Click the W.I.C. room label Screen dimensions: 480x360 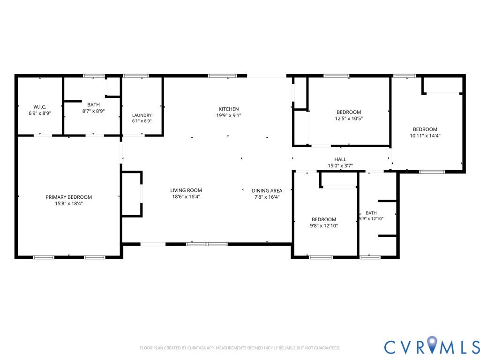coord(40,107)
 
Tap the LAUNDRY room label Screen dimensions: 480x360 coord(142,115)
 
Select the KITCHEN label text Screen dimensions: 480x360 coord(229,109)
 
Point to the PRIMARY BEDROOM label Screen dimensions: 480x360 coord(68,197)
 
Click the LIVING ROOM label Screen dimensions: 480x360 coord(186,190)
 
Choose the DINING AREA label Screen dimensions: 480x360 coord(267,191)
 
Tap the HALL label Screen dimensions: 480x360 coord(340,159)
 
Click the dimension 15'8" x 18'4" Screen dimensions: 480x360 coord(69,203)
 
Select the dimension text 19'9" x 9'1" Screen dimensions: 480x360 coord(229,115)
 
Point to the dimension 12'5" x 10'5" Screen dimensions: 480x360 coord(349,119)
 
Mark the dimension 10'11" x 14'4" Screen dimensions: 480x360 coord(425,135)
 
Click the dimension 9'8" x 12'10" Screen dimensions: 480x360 coord(324,226)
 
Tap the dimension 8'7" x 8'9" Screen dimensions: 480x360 coord(93,111)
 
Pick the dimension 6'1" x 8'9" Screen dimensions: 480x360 coord(142,121)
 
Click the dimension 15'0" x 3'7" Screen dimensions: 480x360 coord(340,166)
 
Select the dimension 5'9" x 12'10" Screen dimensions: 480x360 coord(371,218)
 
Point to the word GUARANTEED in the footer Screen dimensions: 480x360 coord(328,348)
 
